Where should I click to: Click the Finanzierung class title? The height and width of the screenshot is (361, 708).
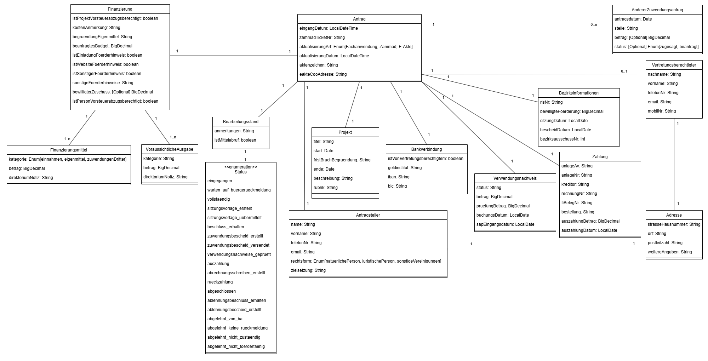click(120, 9)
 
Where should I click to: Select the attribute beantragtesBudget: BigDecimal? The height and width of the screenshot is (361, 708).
click(102, 46)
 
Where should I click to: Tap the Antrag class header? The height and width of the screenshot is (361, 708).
click(359, 19)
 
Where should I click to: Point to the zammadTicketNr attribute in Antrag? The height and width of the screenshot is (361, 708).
click(322, 38)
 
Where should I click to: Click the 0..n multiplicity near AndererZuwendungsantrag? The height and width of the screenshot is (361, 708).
click(594, 25)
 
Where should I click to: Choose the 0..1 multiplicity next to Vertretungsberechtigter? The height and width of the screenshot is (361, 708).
click(624, 71)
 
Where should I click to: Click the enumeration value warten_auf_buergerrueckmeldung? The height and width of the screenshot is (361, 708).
click(239, 190)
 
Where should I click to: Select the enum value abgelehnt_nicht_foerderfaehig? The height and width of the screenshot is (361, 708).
click(236, 346)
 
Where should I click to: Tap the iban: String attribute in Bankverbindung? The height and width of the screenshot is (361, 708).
click(399, 177)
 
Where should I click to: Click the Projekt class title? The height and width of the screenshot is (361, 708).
click(345, 132)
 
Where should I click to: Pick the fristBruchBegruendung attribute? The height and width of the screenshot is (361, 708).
click(342, 160)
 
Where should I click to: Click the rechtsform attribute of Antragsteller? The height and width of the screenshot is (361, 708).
click(366, 261)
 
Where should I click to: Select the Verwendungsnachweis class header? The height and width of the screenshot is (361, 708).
click(515, 178)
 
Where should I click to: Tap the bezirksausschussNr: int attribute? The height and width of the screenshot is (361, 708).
click(563, 139)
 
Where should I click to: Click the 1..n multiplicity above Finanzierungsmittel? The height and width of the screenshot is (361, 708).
click(67, 139)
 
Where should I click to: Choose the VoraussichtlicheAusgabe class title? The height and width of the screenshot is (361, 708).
click(170, 149)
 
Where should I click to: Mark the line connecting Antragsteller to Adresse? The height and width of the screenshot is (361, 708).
click(545, 248)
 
